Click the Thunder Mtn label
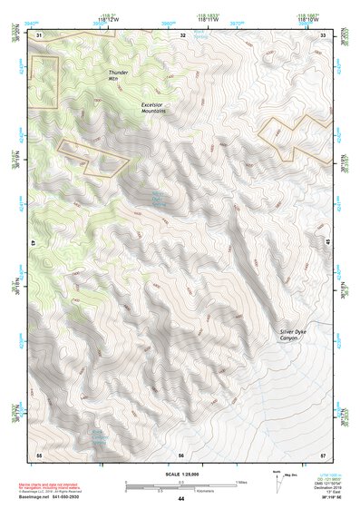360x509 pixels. coord(120,75)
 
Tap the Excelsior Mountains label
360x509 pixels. coord(158,109)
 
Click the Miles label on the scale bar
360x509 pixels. coord(239,482)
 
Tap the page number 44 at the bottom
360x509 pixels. coord(180,499)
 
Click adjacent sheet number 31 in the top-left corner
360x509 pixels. coord(39,34)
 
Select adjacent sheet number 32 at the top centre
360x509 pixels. coord(182,34)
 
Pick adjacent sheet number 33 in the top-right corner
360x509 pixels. coord(324,34)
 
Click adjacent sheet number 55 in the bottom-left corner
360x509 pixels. coord(39,454)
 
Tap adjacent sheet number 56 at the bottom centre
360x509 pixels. coord(181,454)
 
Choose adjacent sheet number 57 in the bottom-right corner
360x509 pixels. coord(324,454)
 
